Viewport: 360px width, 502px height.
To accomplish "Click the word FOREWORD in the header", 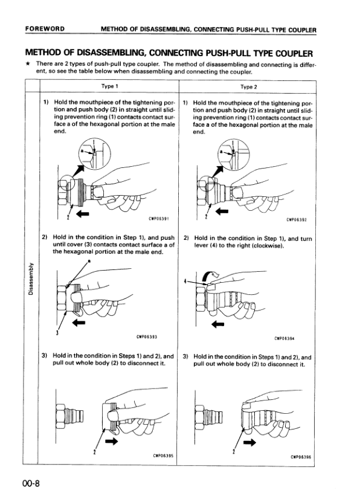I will tap(45, 28).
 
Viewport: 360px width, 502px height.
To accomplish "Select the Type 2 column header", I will tap(248, 86).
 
